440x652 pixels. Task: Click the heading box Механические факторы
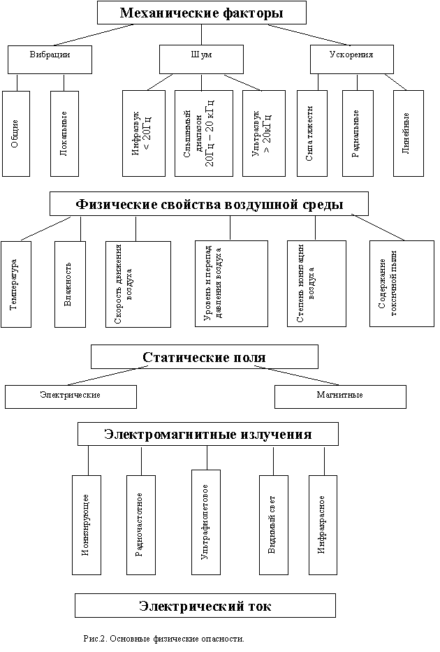pyautogui.click(x=201, y=13)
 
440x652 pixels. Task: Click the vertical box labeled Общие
pyautogui.click(x=15, y=133)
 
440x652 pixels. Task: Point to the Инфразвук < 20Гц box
pyautogui.click(x=143, y=133)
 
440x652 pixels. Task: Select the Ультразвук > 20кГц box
pyautogui.click(x=261, y=133)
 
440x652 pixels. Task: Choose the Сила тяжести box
pyautogui.click(x=311, y=133)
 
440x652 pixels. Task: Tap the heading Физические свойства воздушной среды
pyautogui.click(x=209, y=204)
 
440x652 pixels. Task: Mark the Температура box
pyautogui.click(x=16, y=284)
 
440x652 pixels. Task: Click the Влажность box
pyautogui.click(x=70, y=284)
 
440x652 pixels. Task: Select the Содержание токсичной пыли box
pyautogui.click(x=401, y=284)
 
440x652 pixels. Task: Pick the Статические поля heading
pyautogui.click(x=204, y=356)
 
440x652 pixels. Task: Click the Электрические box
pyautogui.click(x=71, y=396)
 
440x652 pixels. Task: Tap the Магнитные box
pyautogui.click(x=339, y=396)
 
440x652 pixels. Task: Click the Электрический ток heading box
pyautogui.click(x=205, y=605)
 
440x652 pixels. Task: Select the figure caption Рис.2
pyautogui.click(x=164, y=639)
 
